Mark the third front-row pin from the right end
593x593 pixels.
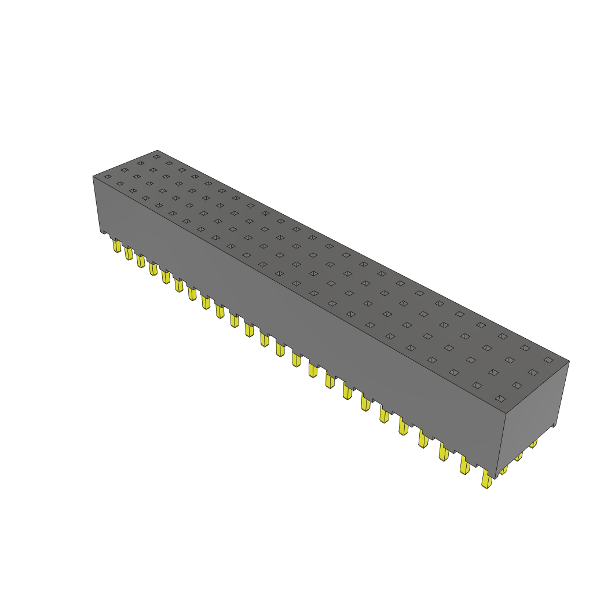pos(444,452)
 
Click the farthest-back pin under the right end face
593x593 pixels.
pos(533,444)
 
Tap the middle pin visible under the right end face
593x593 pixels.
pos(518,456)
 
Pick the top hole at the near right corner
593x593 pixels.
pos(500,398)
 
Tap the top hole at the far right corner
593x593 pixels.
pos(548,360)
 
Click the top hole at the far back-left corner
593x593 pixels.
pos(156,156)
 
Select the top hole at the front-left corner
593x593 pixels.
pos(107,177)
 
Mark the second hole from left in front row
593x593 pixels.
pos(120,184)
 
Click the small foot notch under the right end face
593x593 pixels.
pos(554,427)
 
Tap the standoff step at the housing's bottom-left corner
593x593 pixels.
pos(104,233)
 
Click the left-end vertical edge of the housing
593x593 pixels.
pos(94,203)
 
